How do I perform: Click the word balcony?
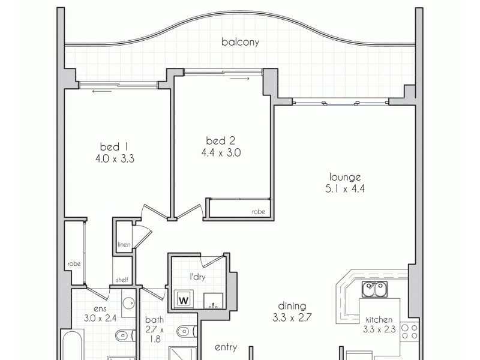coord(240,42)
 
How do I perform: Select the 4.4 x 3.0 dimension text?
coord(221,153)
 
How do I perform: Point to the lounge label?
coord(344,177)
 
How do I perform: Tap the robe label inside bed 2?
coord(258,211)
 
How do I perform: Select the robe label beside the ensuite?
coord(74,263)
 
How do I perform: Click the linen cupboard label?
coord(124,245)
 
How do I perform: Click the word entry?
coord(226,347)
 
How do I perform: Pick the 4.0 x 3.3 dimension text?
coord(114,159)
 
